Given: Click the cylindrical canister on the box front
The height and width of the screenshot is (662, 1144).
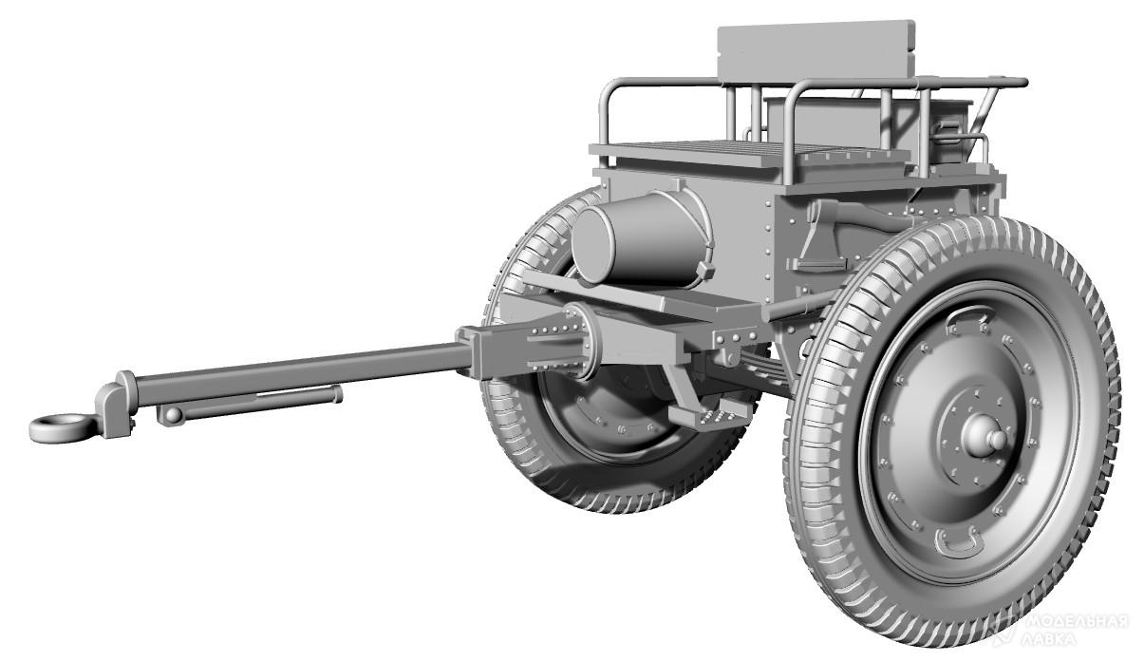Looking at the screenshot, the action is click(x=641, y=238).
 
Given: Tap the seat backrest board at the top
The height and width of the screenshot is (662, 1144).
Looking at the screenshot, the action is click(x=816, y=51).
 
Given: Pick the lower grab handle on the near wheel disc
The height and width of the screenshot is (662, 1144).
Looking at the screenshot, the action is click(x=960, y=542).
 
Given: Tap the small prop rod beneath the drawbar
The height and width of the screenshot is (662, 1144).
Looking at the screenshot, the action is click(x=250, y=405).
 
